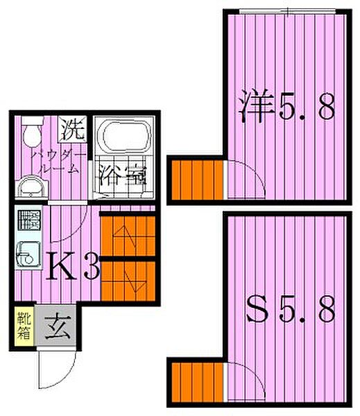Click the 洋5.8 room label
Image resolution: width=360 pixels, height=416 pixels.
point(288,107)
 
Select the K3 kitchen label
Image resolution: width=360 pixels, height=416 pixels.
point(72,266)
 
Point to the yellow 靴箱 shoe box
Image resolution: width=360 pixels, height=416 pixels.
point(22,324)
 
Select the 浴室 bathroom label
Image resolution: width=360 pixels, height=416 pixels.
point(122,175)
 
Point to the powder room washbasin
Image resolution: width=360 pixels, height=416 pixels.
point(29,185)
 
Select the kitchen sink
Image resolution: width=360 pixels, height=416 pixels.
point(28,254)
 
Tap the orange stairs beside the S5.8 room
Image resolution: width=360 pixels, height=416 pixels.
point(198,383)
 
